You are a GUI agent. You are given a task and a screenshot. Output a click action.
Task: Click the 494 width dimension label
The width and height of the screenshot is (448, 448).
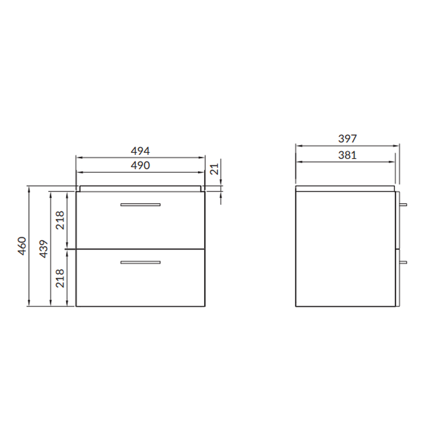pyautogui.click(x=140, y=151)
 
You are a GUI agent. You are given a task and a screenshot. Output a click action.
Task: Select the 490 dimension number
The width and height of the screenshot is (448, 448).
pyautogui.click(x=140, y=165)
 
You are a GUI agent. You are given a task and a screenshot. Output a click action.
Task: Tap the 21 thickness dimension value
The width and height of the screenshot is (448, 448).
pyautogui.click(x=214, y=169)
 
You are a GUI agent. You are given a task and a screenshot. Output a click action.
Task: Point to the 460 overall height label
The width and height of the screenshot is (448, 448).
pyautogui.click(x=22, y=246)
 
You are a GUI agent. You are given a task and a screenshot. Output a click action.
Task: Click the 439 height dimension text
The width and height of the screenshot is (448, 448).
pyautogui.click(x=44, y=249)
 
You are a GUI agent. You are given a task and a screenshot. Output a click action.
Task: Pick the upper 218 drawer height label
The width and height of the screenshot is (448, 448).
pyautogui.click(x=60, y=220)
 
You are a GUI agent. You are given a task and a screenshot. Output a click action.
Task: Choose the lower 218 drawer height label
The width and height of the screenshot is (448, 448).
pyautogui.click(x=60, y=278)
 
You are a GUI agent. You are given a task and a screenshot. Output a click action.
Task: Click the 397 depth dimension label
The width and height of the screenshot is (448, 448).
pyautogui.click(x=348, y=139)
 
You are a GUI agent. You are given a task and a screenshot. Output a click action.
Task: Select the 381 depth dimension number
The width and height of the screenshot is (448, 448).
pyautogui.click(x=348, y=155)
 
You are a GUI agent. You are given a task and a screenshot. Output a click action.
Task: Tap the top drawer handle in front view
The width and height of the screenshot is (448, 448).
pyautogui.click(x=140, y=205)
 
